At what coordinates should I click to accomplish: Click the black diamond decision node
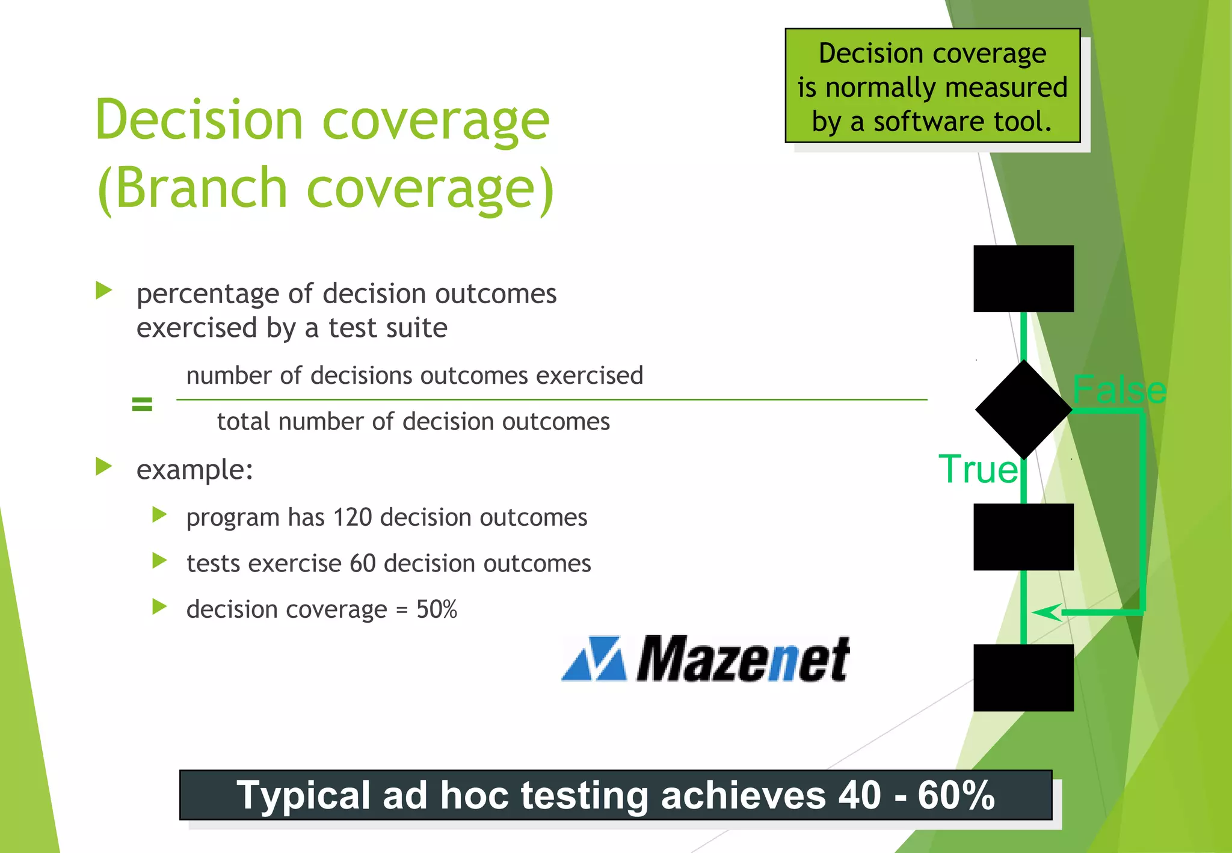tap(1023, 410)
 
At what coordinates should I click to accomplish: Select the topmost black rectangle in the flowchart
tap(1023, 279)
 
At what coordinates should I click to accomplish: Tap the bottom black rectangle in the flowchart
tap(1023, 677)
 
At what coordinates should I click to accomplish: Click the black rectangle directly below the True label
tap(1023, 537)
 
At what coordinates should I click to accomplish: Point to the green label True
tap(978, 469)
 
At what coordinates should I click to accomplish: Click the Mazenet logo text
tap(743, 660)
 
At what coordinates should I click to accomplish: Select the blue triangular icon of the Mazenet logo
tap(594, 659)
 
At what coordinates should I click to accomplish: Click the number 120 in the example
tap(353, 517)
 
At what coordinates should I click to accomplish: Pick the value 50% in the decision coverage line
tap(437, 609)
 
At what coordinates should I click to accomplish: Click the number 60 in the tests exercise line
tap(363, 564)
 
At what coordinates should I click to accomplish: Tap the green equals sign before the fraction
tap(142, 404)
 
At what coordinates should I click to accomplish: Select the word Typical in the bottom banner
tap(304, 795)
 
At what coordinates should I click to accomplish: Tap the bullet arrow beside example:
tap(104, 467)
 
